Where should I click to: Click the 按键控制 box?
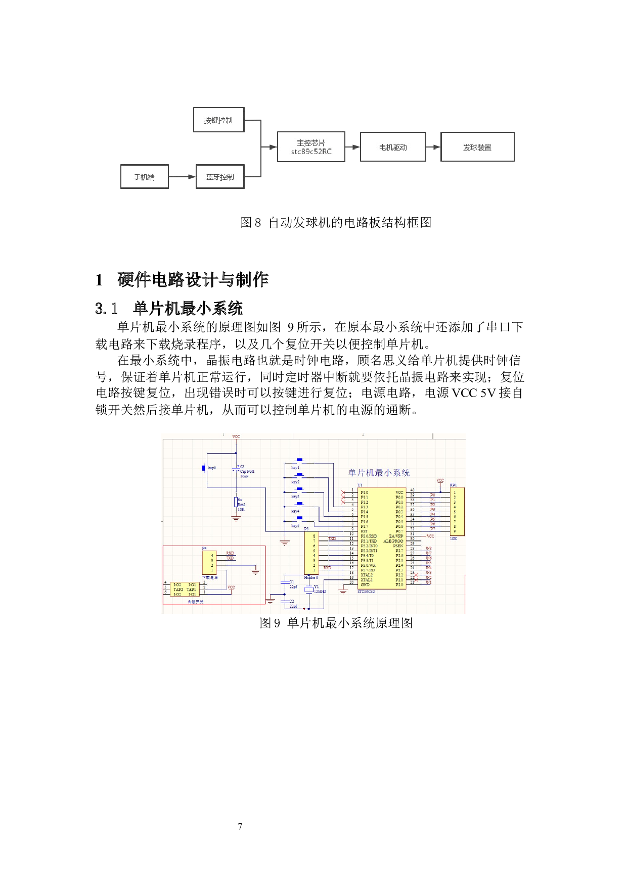(x=218, y=120)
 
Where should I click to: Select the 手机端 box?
(x=144, y=177)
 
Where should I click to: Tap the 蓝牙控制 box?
(x=220, y=177)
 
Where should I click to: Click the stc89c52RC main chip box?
(x=311, y=147)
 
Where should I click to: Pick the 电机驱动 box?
(x=393, y=147)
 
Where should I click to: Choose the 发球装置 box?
(x=477, y=147)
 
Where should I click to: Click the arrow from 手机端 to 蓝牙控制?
(x=182, y=177)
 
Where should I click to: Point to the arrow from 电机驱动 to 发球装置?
(x=433, y=147)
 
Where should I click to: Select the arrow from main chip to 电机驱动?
(x=353, y=147)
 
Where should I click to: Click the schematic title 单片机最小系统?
(x=379, y=473)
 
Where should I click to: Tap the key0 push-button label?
(x=212, y=468)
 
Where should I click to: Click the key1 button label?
(x=295, y=468)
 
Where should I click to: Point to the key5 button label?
(x=295, y=526)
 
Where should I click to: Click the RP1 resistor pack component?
(x=457, y=512)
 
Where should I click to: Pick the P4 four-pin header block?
(x=209, y=562)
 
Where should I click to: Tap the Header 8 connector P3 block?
(x=311, y=553)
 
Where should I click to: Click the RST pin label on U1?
(x=364, y=531)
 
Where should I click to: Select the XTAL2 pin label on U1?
(x=367, y=575)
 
